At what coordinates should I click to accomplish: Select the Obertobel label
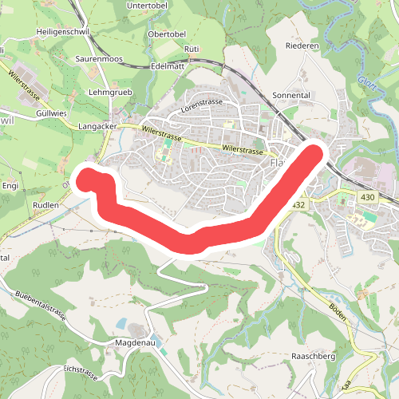click(167, 34)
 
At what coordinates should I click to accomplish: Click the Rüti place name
click(191, 49)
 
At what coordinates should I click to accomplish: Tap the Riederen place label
click(302, 46)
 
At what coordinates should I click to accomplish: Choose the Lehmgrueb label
click(109, 92)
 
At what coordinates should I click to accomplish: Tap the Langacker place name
click(98, 127)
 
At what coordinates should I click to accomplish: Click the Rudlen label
click(45, 205)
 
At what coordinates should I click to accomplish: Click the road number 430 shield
click(368, 197)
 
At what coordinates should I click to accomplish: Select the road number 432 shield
click(298, 205)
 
